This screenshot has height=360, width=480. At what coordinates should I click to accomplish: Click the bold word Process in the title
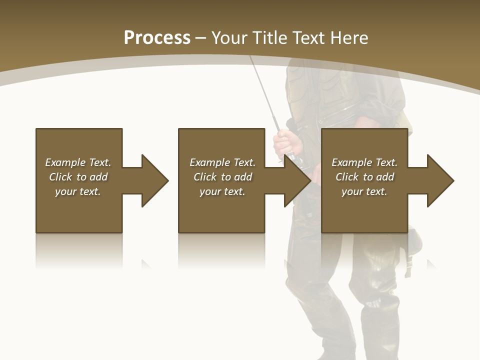(x=157, y=38)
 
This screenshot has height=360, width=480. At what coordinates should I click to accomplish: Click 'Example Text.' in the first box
(x=78, y=162)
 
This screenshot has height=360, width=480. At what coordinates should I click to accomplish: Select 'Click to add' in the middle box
(x=222, y=177)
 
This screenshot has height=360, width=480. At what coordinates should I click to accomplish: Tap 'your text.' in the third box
(x=364, y=191)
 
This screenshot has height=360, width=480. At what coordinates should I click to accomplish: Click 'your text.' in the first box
(x=78, y=191)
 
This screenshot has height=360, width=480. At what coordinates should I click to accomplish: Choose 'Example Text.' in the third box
(x=364, y=162)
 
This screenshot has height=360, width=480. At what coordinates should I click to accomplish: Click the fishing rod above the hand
(x=265, y=95)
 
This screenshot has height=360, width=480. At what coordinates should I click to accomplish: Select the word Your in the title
(x=228, y=38)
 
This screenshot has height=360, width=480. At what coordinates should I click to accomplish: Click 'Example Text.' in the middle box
(x=222, y=162)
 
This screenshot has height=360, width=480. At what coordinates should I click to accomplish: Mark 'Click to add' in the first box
(x=78, y=177)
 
